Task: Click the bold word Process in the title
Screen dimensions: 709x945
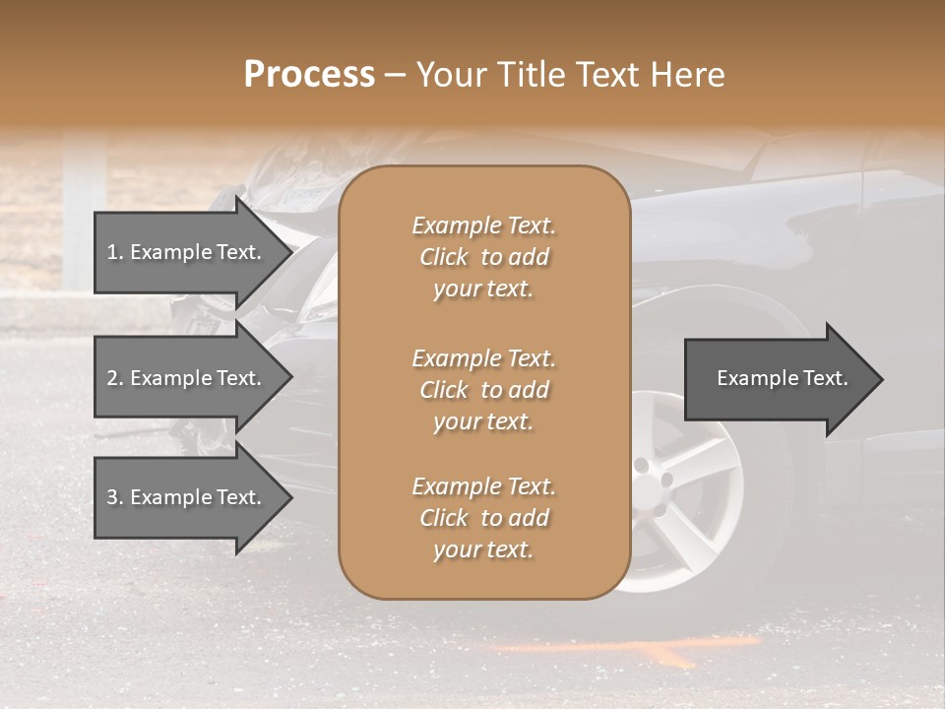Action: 309,75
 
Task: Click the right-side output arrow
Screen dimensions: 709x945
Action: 783,379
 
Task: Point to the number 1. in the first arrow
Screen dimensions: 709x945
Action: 115,252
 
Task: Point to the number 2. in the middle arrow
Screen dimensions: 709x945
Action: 115,378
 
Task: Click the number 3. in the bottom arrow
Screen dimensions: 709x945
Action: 115,497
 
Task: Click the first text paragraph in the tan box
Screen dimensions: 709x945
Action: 483,257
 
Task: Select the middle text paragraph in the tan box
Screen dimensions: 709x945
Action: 483,390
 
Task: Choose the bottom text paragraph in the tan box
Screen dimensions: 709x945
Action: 483,518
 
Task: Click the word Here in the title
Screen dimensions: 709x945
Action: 689,75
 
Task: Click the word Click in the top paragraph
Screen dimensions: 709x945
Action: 444,257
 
